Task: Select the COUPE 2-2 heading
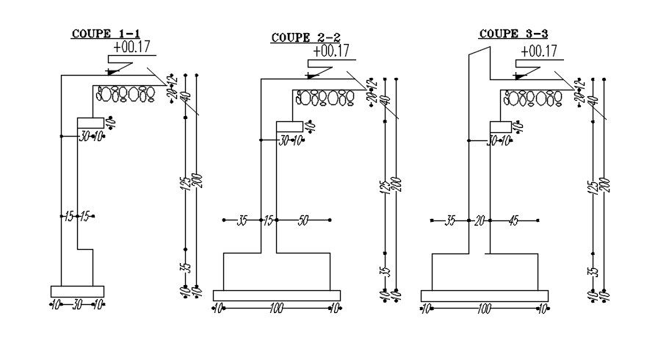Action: click(305, 37)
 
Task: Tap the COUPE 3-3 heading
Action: click(513, 34)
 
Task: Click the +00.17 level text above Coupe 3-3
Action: click(538, 51)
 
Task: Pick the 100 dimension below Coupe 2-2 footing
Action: click(276, 309)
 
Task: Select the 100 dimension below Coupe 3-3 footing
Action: click(483, 309)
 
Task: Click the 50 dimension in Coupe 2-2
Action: click(303, 220)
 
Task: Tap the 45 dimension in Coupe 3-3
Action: click(513, 220)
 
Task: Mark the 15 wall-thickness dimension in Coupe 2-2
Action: click(268, 220)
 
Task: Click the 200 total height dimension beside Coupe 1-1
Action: click(196, 180)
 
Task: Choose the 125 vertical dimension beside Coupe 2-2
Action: click(383, 187)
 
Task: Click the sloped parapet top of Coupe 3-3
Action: click(479, 54)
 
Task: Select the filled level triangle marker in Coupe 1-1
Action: click(112, 71)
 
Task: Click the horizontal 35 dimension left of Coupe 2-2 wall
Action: click(242, 220)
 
